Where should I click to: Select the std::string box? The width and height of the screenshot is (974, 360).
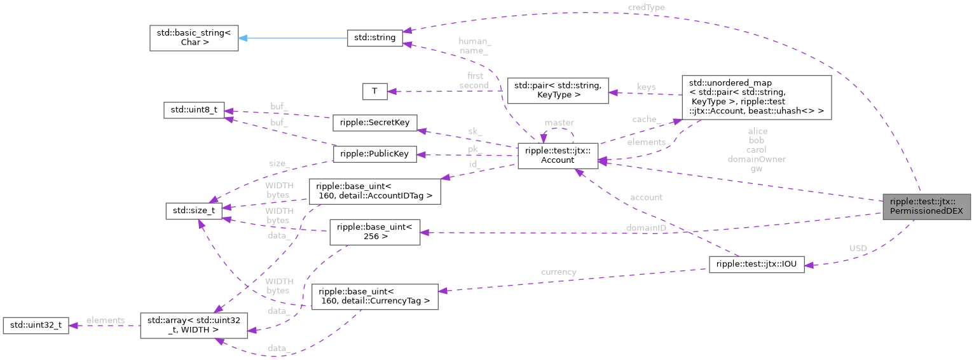pyautogui.click(x=374, y=38)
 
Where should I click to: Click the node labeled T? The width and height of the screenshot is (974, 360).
pyautogui.click(x=374, y=91)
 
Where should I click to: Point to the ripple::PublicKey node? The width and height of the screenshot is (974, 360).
pyautogui.click(x=374, y=154)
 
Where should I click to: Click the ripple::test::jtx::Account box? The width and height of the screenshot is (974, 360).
pyautogui.click(x=557, y=156)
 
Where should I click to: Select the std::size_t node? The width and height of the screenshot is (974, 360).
pyautogui.click(x=193, y=211)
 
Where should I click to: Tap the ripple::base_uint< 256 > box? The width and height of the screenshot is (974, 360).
pyautogui.click(x=374, y=232)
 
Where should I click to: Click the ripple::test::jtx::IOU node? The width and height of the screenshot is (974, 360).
pyautogui.click(x=757, y=265)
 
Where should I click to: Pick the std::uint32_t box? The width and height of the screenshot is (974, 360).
pyautogui.click(x=36, y=325)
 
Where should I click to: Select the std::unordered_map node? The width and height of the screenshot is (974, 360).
pyautogui.click(x=756, y=97)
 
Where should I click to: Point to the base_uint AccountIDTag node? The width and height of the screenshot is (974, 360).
pyautogui.click(x=374, y=191)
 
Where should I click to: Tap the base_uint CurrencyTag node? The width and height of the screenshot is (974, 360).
pyautogui.click(x=374, y=296)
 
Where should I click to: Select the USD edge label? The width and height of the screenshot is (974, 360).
pyautogui.click(x=858, y=248)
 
